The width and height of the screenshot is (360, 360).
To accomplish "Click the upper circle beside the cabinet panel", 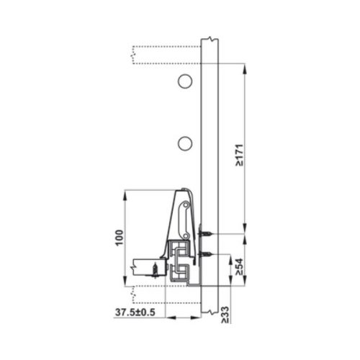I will point(185,81).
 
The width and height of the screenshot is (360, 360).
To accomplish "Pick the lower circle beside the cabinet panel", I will point(185,143).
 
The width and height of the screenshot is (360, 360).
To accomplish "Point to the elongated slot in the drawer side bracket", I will point(185,215).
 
